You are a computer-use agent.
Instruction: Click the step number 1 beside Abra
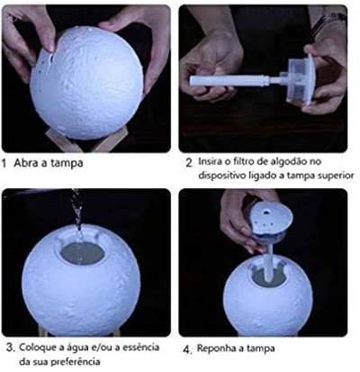(4, 164)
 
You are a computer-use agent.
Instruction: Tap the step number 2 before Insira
(189, 163)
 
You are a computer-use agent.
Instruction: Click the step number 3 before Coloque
(11, 348)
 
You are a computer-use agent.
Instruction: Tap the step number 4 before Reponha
(187, 350)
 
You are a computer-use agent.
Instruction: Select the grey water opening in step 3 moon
(83, 254)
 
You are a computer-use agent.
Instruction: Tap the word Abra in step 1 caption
(25, 163)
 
